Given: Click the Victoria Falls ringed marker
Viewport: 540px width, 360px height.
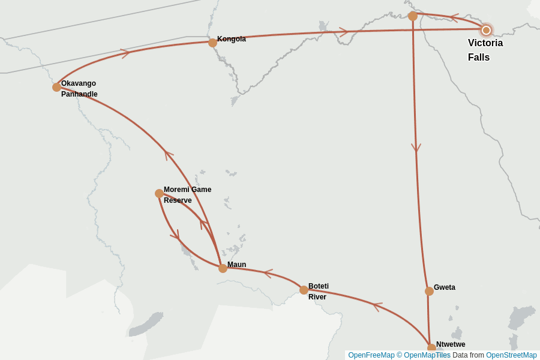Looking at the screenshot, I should click(486, 30).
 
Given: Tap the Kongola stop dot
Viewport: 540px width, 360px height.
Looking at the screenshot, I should click(212, 43).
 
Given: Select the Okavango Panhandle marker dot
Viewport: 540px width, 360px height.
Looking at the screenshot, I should click(56, 87).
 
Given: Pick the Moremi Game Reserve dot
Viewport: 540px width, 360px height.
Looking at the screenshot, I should click(159, 193).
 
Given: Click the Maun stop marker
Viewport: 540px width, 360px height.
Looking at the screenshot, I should click(223, 268).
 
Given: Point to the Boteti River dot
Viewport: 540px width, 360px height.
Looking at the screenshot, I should click(304, 290).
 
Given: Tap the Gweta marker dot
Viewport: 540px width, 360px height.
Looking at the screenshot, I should click(429, 291).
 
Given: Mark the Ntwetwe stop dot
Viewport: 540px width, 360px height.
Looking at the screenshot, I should click(431, 348).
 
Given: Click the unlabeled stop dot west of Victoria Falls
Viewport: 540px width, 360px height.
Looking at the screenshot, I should click(413, 16).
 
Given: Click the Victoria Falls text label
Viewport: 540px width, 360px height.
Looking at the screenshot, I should click(485, 50).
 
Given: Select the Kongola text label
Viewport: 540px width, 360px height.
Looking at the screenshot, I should click(232, 39).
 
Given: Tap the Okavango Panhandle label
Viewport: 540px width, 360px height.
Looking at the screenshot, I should click(79, 89).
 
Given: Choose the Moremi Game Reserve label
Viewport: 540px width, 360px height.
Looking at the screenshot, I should click(187, 195).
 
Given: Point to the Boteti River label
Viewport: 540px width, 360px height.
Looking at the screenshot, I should click(319, 292).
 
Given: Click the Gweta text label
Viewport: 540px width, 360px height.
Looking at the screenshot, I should click(445, 287).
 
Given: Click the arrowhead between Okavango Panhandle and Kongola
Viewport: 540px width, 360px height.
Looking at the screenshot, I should click(125, 53).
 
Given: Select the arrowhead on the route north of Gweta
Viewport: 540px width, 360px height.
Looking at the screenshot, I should click(416, 148).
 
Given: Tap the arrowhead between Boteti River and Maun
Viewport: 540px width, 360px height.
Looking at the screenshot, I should click(268, 274).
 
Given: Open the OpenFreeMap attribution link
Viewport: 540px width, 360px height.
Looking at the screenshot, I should click(371, 355).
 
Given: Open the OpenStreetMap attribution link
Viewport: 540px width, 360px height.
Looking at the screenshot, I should click(511, 355).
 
